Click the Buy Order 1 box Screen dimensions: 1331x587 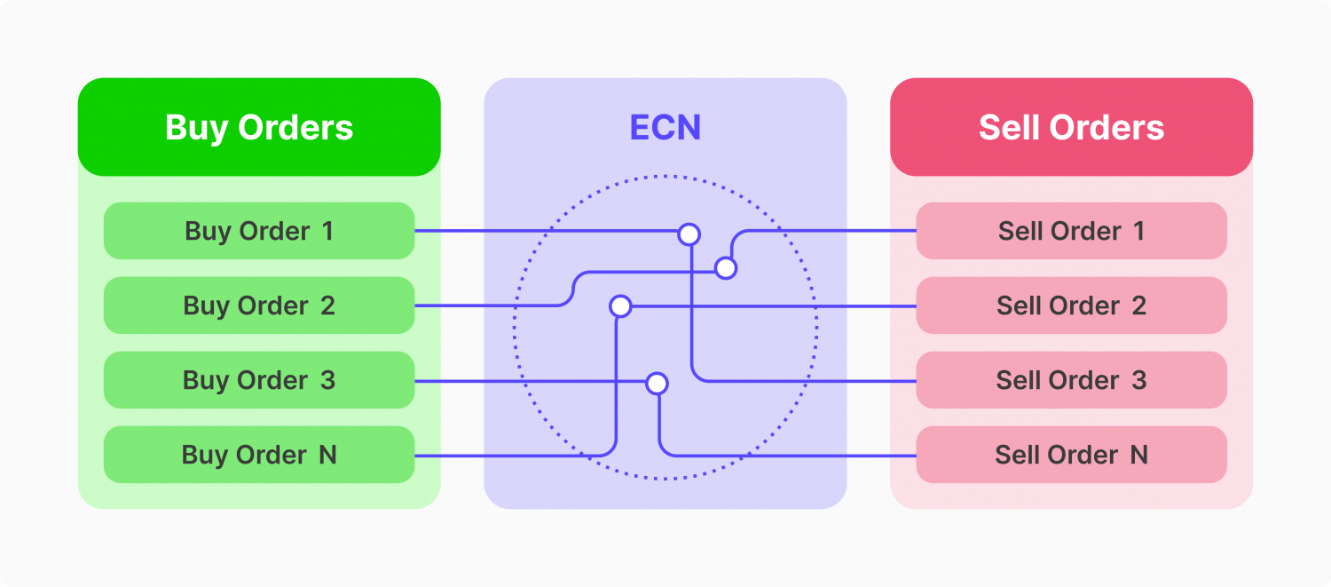click(259, 231)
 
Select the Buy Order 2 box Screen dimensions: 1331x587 click(259, 305)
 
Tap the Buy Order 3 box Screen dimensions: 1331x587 click(259, 380)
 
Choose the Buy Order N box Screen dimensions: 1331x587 click(259, 455)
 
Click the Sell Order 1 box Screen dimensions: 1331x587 click(1071, 231)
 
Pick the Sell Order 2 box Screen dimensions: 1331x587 click(1071, 305)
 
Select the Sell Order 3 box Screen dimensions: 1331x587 click(1071, 380)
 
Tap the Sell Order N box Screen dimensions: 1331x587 click(1071, 455)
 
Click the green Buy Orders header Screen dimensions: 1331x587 click(259, 127)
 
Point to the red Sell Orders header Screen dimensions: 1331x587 click(1071, 127)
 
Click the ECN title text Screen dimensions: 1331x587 click(665, 127)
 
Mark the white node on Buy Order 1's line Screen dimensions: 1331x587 click(689, 234)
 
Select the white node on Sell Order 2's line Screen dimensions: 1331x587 click(620, 306)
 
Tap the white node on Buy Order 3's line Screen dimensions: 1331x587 click(658, 384)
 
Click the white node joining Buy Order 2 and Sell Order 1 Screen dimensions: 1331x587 click(726, 268)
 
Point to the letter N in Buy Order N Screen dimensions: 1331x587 click(328, 455)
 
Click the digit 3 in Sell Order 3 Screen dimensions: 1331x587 click(1139, 380)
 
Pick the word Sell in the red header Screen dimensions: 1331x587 click(1008, 127)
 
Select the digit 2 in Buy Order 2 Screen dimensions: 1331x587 click(328, 305)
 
